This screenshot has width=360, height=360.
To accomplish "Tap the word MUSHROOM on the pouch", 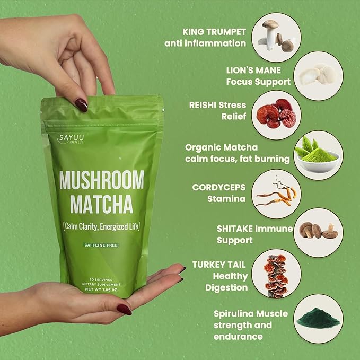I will [x=101, y=181].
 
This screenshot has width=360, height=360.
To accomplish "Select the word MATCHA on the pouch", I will [x=101, y=205].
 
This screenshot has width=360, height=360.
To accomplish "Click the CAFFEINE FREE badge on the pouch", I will [x=100, y=245].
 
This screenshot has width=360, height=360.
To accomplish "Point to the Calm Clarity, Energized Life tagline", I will [x=101, y=227].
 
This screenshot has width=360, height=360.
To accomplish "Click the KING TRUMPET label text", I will [x=214, y=31].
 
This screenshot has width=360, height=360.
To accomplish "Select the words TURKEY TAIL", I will [x=221, y=265].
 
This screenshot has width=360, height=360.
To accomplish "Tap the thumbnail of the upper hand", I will [x=81, y=104].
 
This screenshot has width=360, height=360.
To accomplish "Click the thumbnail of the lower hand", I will [x=124, y=309].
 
